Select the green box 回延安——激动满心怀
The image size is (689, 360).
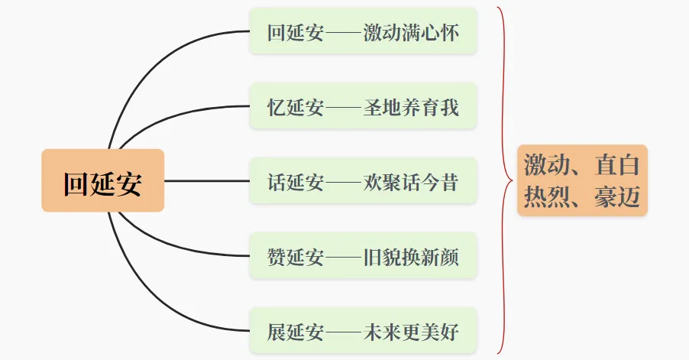click(x=363, y=32)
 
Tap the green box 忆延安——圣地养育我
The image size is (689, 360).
click(x=363, y=106)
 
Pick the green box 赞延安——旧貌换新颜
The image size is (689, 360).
click(x=363, y=256)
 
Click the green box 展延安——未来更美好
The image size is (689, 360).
click(x=363, y=331)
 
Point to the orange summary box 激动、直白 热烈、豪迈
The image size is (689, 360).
click(x=582, y=180)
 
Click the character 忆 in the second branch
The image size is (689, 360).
click(x=277, y=107)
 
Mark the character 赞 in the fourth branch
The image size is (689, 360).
click(x=277, y=257)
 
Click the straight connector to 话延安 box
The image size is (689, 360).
click(x=206, y=181)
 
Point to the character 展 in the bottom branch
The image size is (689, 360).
click(x=277, y=332)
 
